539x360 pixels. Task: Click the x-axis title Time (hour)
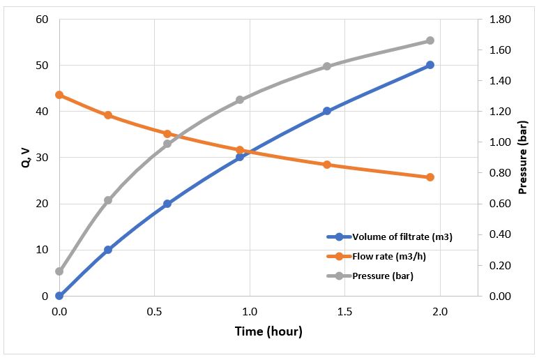point(268,331)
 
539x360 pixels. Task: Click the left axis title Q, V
point(24,158)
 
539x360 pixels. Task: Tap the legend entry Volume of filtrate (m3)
point(402,237)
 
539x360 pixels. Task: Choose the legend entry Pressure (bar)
point(383,276)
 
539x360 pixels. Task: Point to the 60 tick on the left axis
point(42,20)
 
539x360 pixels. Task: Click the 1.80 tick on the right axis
point(501,20)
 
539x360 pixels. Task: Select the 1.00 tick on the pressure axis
point(501,142)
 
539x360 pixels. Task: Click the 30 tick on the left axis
point(42,158)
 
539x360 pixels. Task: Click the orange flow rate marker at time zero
point(59,95)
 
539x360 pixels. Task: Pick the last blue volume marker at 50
point(430,65)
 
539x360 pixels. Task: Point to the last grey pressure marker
point(430,40)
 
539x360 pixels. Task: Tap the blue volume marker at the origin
point(59,296)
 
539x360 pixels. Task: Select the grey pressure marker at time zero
point(59,271)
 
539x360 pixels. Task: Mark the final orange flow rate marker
point(430,177)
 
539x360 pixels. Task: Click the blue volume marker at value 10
point(108,250)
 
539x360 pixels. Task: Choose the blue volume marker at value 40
point(327,111)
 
